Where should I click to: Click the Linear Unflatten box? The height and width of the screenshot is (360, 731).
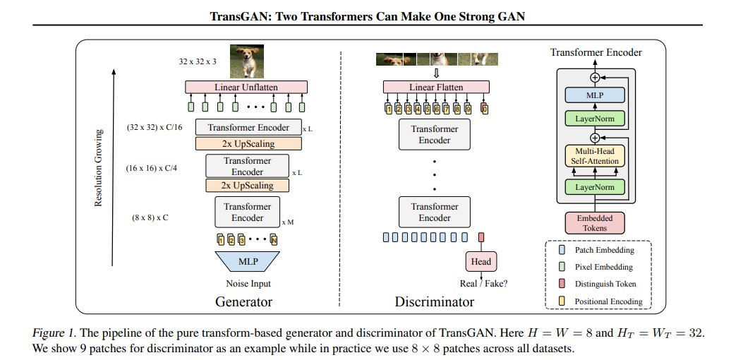click(x=246, y=87)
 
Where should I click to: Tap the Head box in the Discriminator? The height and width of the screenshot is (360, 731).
click(x=481, y=262)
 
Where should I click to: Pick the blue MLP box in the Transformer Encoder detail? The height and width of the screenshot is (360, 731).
click(x=595, y=95)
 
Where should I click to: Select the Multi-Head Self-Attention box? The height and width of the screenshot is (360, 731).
click(x=595, y=155)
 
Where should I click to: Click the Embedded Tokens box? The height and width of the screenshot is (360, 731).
click(x=595, y=222)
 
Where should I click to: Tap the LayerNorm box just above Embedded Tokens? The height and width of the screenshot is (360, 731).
click(x=595, y=187)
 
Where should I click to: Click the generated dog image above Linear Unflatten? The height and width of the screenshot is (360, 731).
click(x=246, y=61)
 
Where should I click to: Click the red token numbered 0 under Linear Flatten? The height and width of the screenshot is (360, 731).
click(x=483, y=109)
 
